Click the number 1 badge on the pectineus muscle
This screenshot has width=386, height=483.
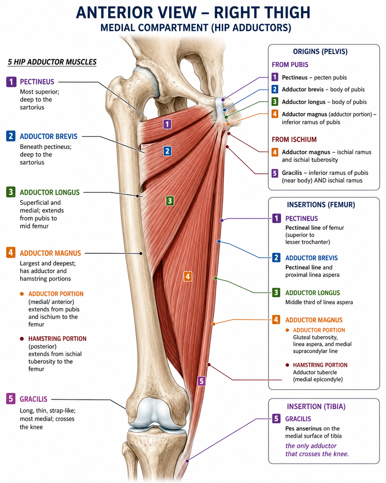point(167,124)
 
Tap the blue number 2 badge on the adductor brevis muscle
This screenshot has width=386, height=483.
point(167,151)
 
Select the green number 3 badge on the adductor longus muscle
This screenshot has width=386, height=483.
point(170,201)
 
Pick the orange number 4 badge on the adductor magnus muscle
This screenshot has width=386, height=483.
point(187,276)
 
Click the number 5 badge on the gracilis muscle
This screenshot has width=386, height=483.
point(202,381)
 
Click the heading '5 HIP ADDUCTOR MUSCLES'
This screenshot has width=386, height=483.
point(52,62)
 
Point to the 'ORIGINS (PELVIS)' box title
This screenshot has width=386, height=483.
point(320,52)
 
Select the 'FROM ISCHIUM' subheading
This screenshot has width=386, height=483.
point(294,140)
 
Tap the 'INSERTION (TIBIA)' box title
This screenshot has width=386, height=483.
point(316,407)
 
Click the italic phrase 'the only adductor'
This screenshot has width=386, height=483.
point(311,446)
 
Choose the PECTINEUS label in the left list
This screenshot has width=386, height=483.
point(37,82)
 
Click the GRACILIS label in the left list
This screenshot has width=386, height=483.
point(33,399)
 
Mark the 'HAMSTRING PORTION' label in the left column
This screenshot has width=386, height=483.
point(57,338)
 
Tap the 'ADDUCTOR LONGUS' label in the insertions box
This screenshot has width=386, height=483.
point(312,293)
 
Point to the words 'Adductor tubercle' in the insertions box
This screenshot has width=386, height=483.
point(315,372)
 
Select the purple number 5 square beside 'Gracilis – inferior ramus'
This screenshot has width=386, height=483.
point(275,173)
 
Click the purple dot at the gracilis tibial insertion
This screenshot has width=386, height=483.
point(187,461)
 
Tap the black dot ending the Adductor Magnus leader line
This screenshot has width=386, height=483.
point(141,254)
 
